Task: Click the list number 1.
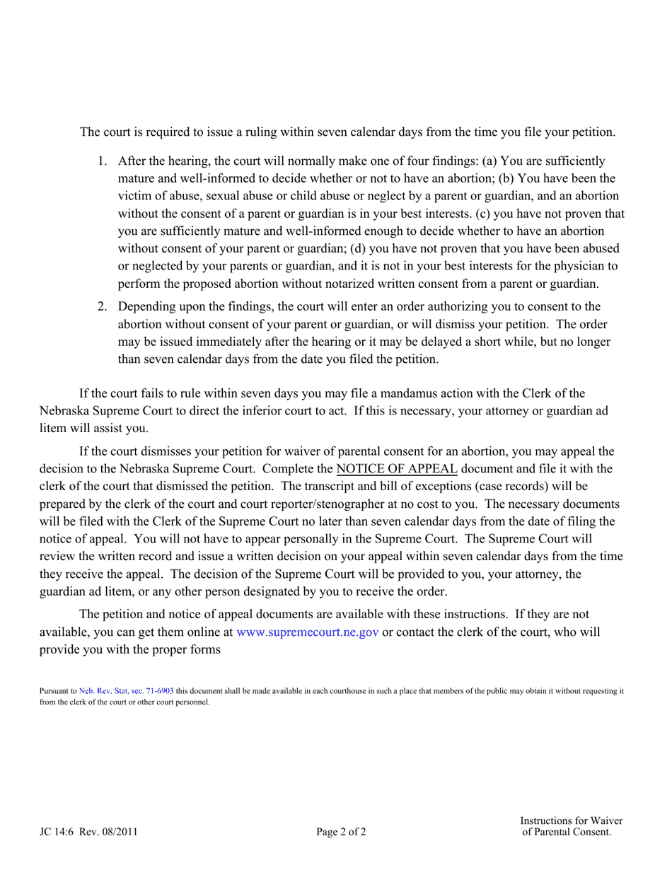point(101,161)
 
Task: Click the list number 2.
point(101,307)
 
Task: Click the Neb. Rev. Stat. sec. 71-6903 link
point(126,691)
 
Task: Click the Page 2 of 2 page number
point(341,832)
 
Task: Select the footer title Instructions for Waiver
point(571,820)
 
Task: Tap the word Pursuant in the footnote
point(53,691)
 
